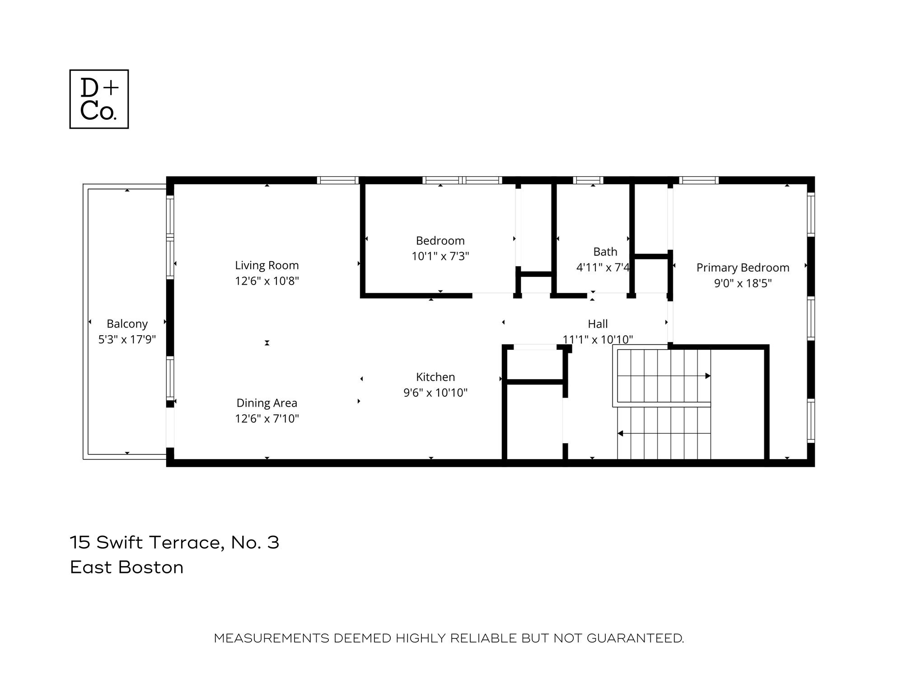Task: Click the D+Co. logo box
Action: coord(99,99)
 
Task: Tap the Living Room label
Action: coord(267,265)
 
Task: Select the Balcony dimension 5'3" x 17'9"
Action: coord(127,339)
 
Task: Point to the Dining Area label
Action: coord(267,403)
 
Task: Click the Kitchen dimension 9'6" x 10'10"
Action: coord(435,393)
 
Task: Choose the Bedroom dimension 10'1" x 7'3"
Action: coord(440,256)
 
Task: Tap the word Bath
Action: coord(605,252)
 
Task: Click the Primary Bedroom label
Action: coord(743,268)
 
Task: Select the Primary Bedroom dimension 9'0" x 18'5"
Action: coord(743,283)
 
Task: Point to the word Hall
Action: coord(598,324)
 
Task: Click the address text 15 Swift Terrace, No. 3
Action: coord(174,542)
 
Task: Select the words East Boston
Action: coord(126,567)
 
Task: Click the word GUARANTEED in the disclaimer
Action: coord(635,638)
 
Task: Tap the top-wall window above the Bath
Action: coord(588,180)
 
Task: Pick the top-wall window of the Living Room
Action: coord(337,180)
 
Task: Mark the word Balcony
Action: coord(127,324)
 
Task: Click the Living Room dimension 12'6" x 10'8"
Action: coord(267,281)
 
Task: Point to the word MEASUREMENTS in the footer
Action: coord(271,638)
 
